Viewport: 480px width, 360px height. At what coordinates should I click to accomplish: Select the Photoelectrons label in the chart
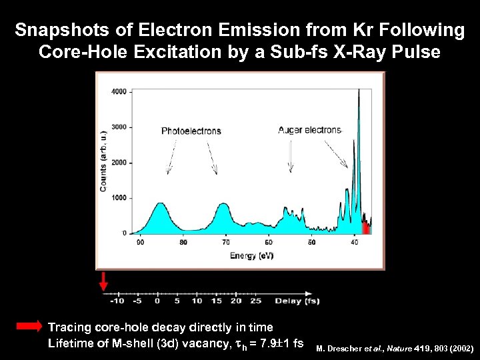191,131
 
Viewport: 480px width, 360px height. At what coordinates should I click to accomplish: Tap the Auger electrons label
309,130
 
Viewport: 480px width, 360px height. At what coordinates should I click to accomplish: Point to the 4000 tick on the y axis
120,92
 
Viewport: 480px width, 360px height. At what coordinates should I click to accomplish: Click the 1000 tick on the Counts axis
120,198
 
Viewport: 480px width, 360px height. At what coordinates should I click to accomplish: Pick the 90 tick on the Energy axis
140,243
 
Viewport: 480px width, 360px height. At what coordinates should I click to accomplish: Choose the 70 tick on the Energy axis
226,243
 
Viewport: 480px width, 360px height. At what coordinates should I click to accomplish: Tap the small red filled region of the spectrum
365,229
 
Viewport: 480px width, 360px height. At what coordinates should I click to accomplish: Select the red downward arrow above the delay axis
103,281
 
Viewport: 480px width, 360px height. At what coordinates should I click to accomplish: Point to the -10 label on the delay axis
118,301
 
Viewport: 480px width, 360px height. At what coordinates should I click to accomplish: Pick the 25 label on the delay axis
255,301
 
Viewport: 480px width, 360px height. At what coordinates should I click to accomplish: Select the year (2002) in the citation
460,349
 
